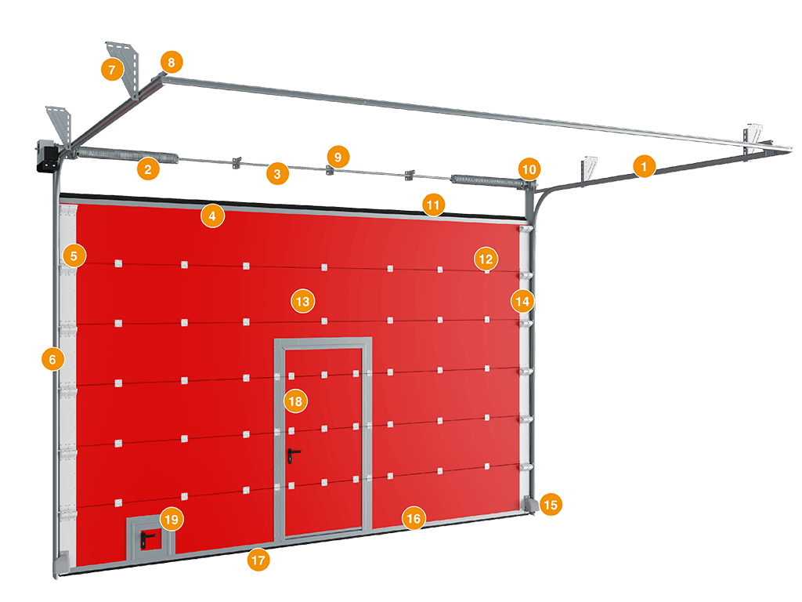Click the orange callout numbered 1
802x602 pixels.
(x=644, y=166)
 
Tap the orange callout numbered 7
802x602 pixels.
(x=112, y=69)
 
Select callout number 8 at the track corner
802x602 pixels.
(x=172, y=63)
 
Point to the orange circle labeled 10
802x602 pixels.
(x=529, y=169)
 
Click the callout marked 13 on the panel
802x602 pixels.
(x=303, y=301)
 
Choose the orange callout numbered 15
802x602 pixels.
(x=551, y=505)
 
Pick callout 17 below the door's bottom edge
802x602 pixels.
(x=258, y=560)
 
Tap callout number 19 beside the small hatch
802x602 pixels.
(x=172, y=520)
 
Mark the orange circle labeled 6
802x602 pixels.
(x=52, y=359)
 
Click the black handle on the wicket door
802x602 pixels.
(x=293, y=454)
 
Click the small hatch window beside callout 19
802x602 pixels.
(x=150, y=539)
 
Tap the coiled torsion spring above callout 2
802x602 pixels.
(x=128, y=154)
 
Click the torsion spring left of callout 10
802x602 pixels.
(x=486, y=180)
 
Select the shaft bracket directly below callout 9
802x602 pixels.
(x=330, y=170)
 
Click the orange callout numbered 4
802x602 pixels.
(x=212, y=216)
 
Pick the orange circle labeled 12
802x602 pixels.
(x=486, y=259)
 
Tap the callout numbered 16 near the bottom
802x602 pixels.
(x=414, y=519)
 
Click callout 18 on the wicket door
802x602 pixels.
(x=295, y=401)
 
